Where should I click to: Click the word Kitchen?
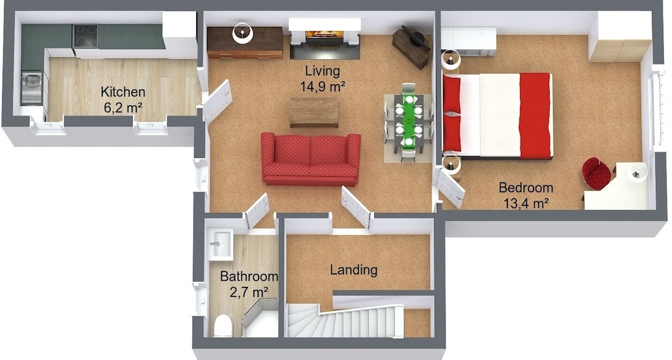[123, 92]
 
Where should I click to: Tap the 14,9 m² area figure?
[323, 87]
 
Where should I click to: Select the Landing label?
[353, 270]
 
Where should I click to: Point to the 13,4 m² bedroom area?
[526, 203]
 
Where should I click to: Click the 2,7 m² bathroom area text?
[249, 292]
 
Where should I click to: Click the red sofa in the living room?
[310, 159]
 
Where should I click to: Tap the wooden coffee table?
[314, 112]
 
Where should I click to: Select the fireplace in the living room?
[324, 38]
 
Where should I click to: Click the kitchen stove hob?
[85, 36]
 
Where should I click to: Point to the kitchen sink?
[32, 88]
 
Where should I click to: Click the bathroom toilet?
[223, 326]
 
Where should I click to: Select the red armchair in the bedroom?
[596, 173]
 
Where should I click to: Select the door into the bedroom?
[450, 187]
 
